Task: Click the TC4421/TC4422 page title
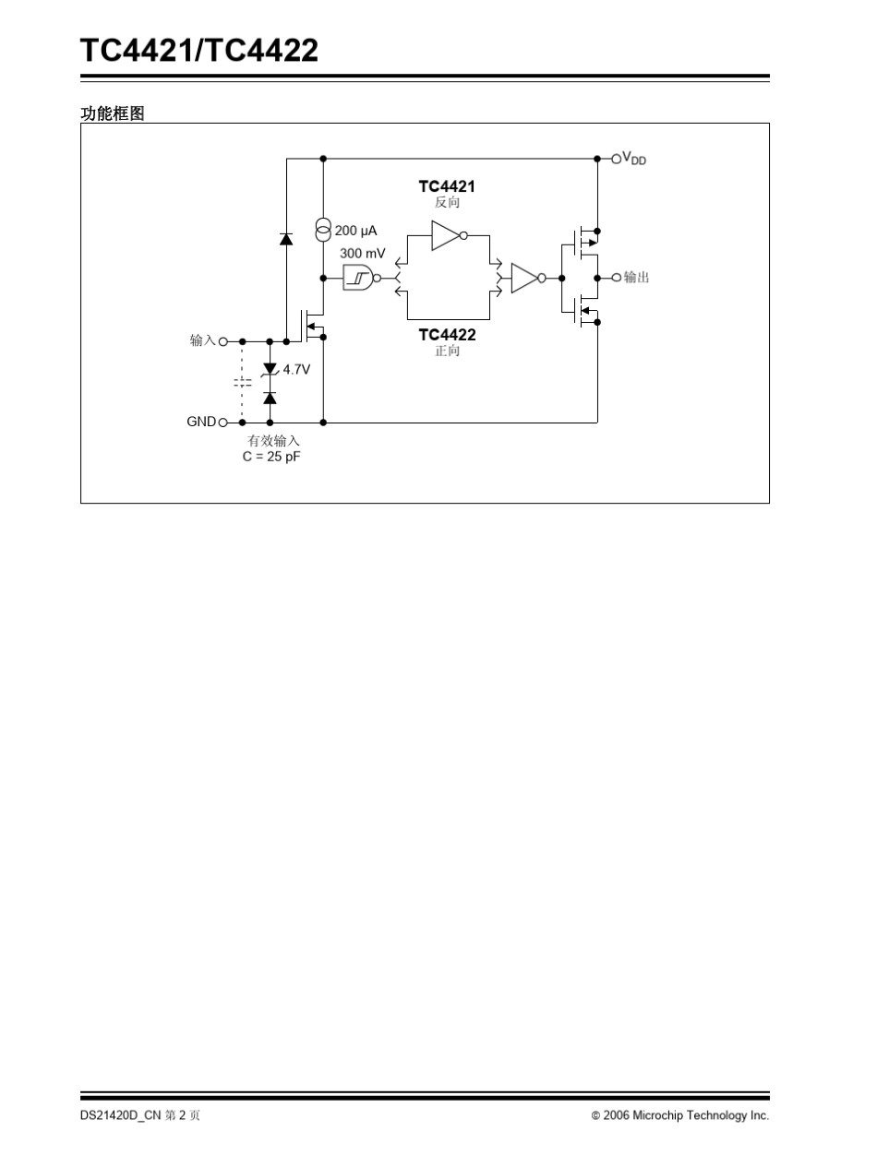click(x=199, y=51)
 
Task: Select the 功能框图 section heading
click(x=113, y=113)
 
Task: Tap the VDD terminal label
click(x=634, y=159)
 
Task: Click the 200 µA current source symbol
click(x=323, y=230)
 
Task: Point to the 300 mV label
click(x=363, y=254)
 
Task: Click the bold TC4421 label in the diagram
click(x=447, y=186)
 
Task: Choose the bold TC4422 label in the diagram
click(x=447, y=335)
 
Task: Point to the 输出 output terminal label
click(x=636, y=277)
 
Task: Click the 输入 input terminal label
click(x=202, y=340)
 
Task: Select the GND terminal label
click(x=201, y=422)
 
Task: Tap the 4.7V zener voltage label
click(x=296, y=370)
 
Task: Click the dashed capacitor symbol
click(x=243, y=382)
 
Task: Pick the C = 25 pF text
click(x=271, y=457)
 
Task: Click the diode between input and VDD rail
click(x=286, y=239)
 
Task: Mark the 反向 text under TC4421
click(x=447, y=202)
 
